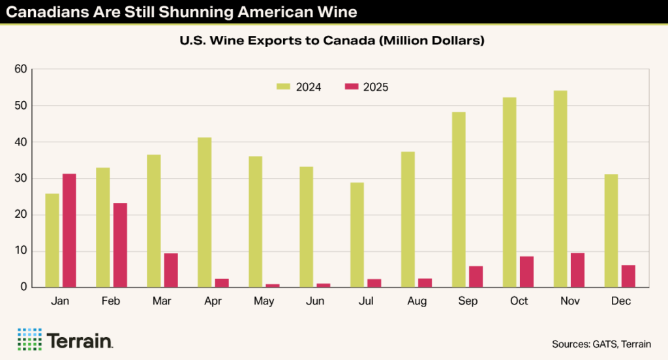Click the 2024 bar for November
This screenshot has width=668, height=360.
(560, 189)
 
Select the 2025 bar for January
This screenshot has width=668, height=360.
(69, 231)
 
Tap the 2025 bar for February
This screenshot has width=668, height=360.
(120, 245)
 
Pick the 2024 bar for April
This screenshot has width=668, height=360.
(204, 213)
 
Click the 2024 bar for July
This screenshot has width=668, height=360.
(357, 235)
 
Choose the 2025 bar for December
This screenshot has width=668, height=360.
(629, 276)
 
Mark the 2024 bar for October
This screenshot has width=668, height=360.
(509, 192)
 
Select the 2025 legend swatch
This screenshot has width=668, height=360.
(352, 87)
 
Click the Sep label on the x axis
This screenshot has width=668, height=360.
(468, 301)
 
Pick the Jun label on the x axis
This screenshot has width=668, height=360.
(315, 301)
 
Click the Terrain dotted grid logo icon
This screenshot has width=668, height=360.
(29, 339)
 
